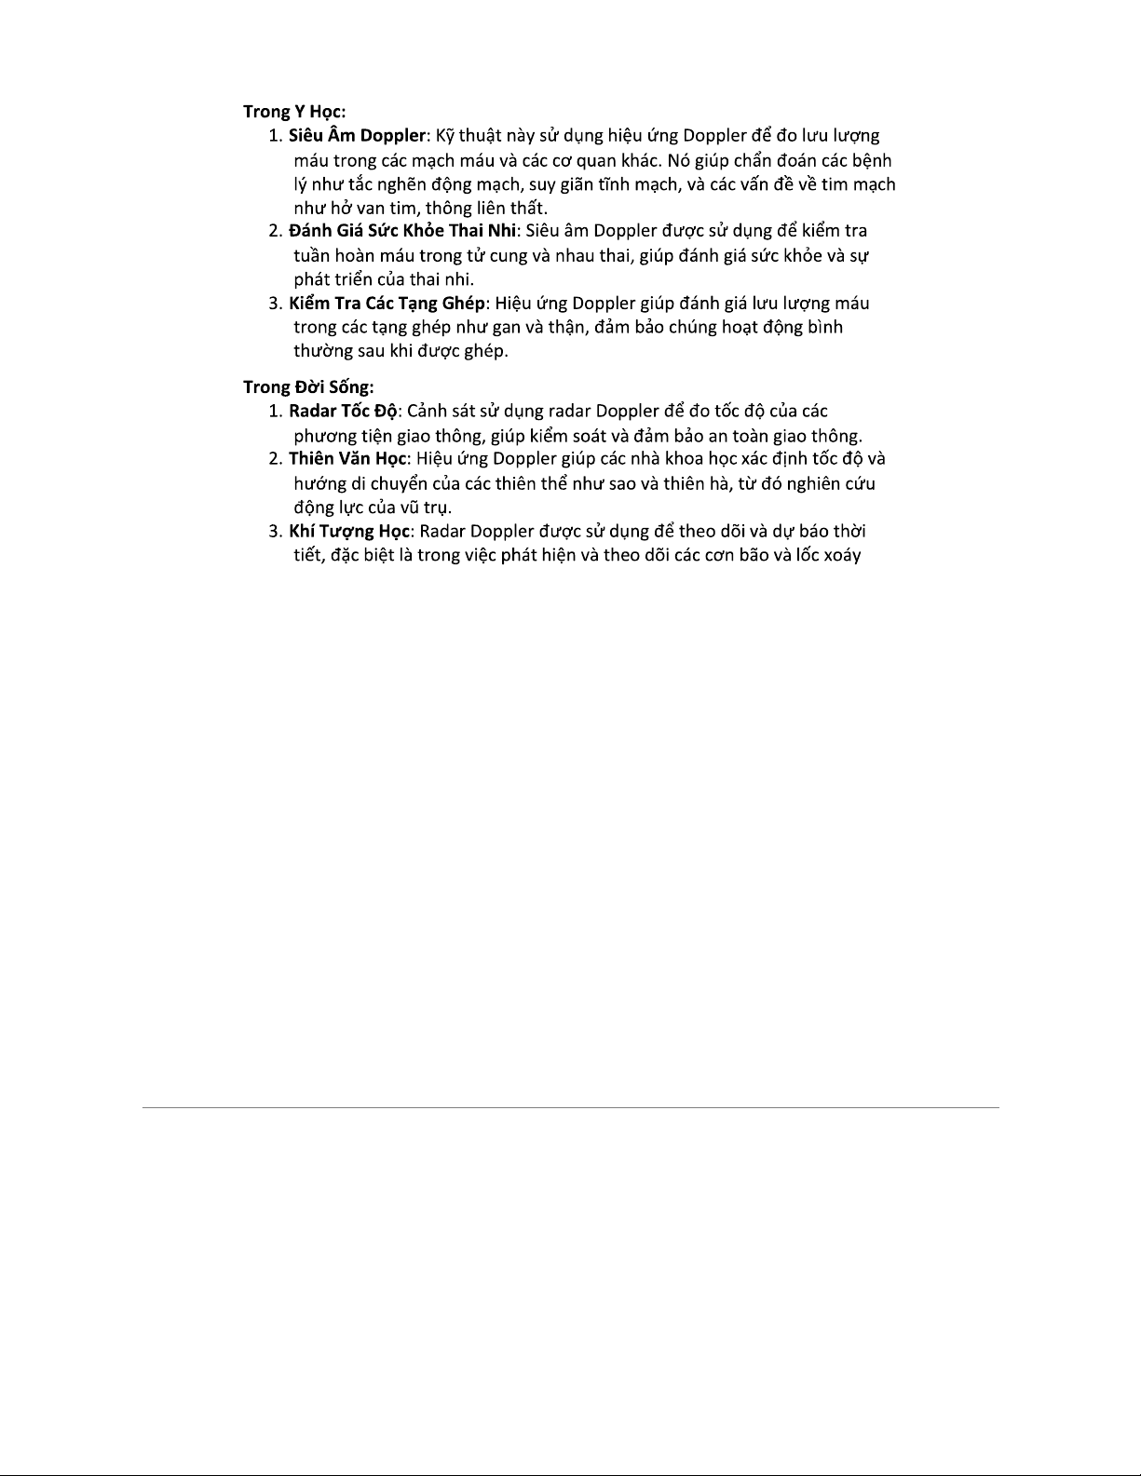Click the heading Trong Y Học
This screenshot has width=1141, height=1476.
294,112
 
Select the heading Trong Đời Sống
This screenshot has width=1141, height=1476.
308,386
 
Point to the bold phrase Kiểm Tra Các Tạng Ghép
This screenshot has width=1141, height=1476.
387,303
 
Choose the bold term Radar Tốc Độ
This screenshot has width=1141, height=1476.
343,411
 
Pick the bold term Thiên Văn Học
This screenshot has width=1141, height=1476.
347,458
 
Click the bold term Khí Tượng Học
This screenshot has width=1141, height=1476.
348,531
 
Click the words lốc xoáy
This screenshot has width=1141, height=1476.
828,555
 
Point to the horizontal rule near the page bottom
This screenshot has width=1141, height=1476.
570,1107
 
